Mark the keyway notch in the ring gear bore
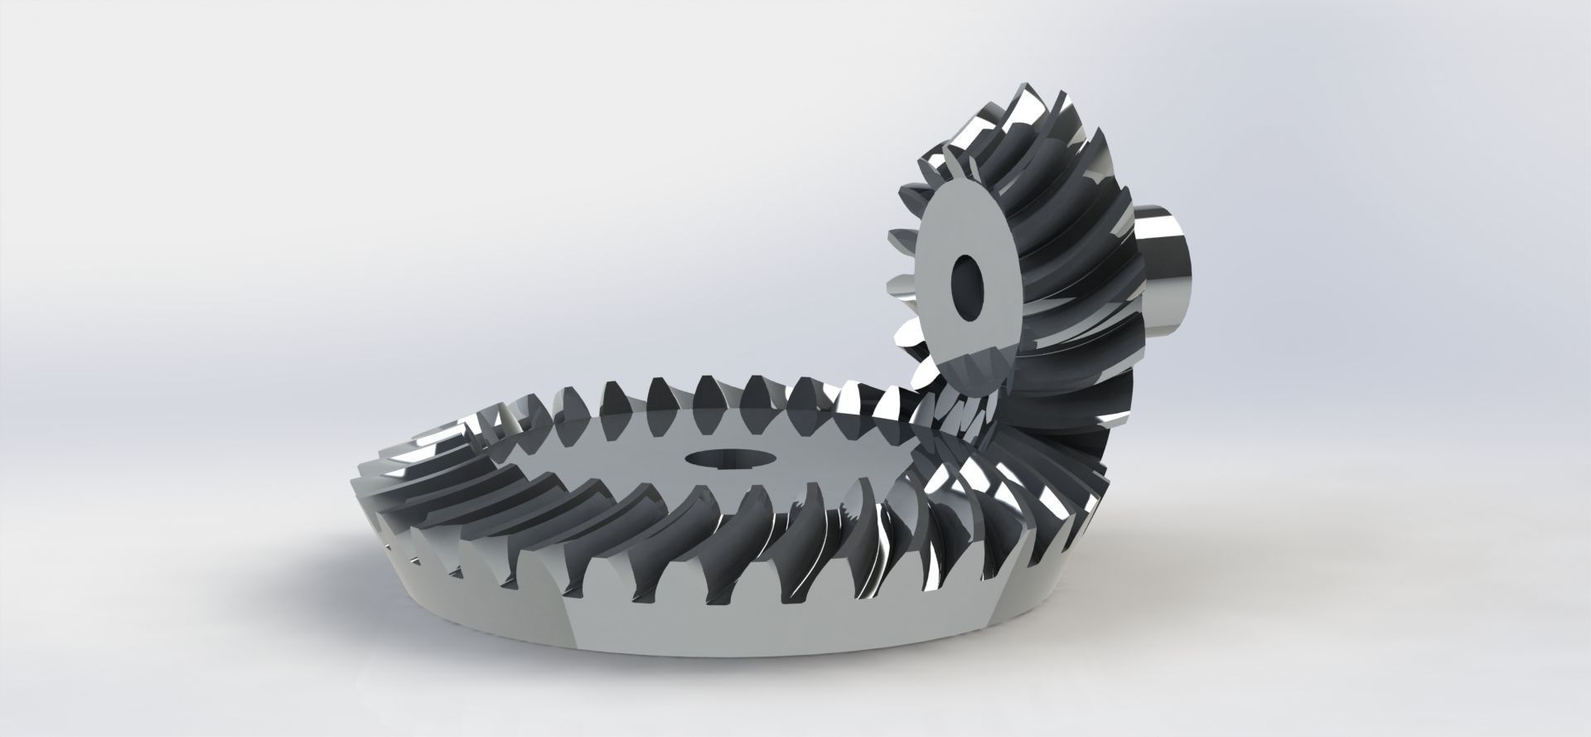(719, 452)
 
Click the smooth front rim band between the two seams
(787, 630)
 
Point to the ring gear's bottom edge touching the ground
(746, 654)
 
